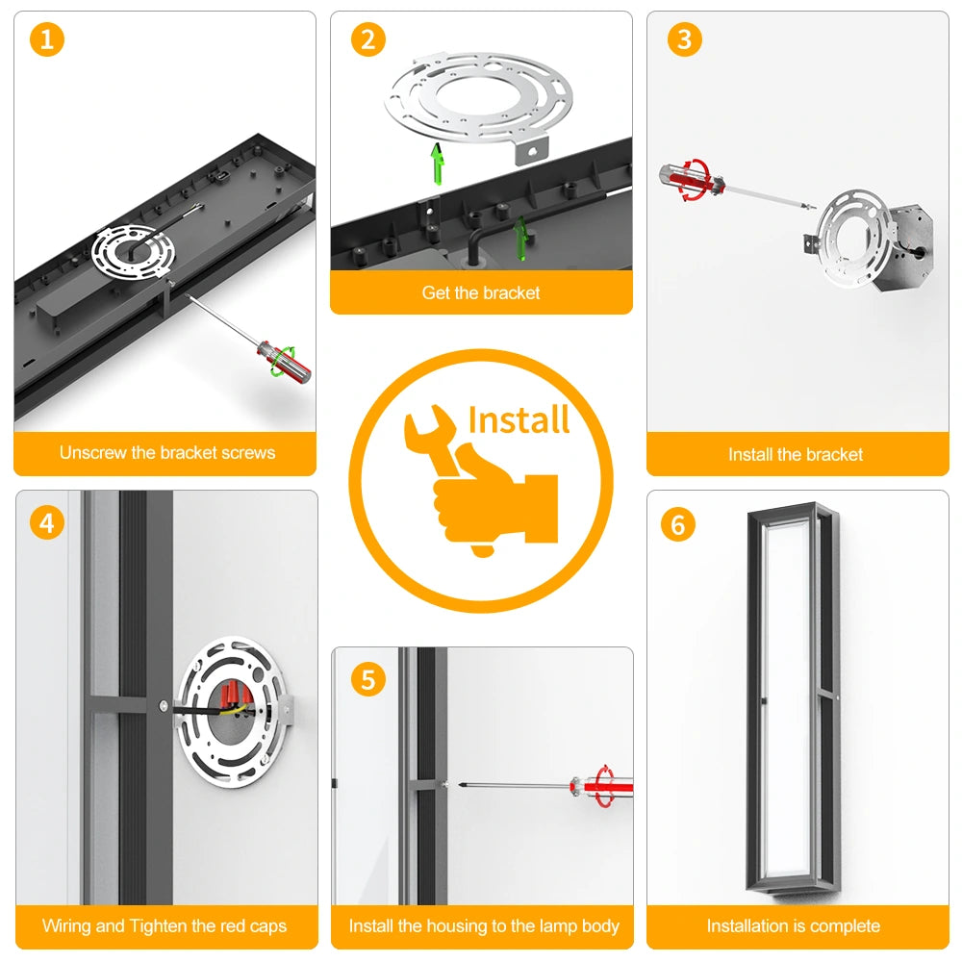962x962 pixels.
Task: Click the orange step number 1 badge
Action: click(x=46, y=39)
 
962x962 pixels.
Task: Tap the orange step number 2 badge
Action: click(x=368, y=39)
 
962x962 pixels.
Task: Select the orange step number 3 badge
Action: click(x=685, y=39)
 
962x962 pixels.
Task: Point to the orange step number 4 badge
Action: click(x=46, y=523)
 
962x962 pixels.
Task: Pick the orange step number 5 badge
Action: click(x=368, y=679)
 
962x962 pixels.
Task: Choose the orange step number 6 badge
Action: click(x=678, y=524)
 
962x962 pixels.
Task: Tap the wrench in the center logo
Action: click(x=433, y=440)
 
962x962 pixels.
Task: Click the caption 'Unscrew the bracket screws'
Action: click(x=167, y=453)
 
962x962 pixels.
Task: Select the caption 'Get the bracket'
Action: click(x=481, y=292)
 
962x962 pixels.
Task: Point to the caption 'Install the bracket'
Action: click(x=796, y=455)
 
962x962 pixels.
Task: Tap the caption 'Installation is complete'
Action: click(x=794, y=925)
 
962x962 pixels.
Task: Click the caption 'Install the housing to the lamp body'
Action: click(x=484, y=925)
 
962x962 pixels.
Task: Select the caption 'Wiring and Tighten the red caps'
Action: click(x=165, y=925)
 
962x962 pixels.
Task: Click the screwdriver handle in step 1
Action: click(x=284, y=362)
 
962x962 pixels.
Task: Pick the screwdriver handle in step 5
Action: click(x=601, y=785)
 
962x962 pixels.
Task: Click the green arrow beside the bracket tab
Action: click(x=438, y=164)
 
